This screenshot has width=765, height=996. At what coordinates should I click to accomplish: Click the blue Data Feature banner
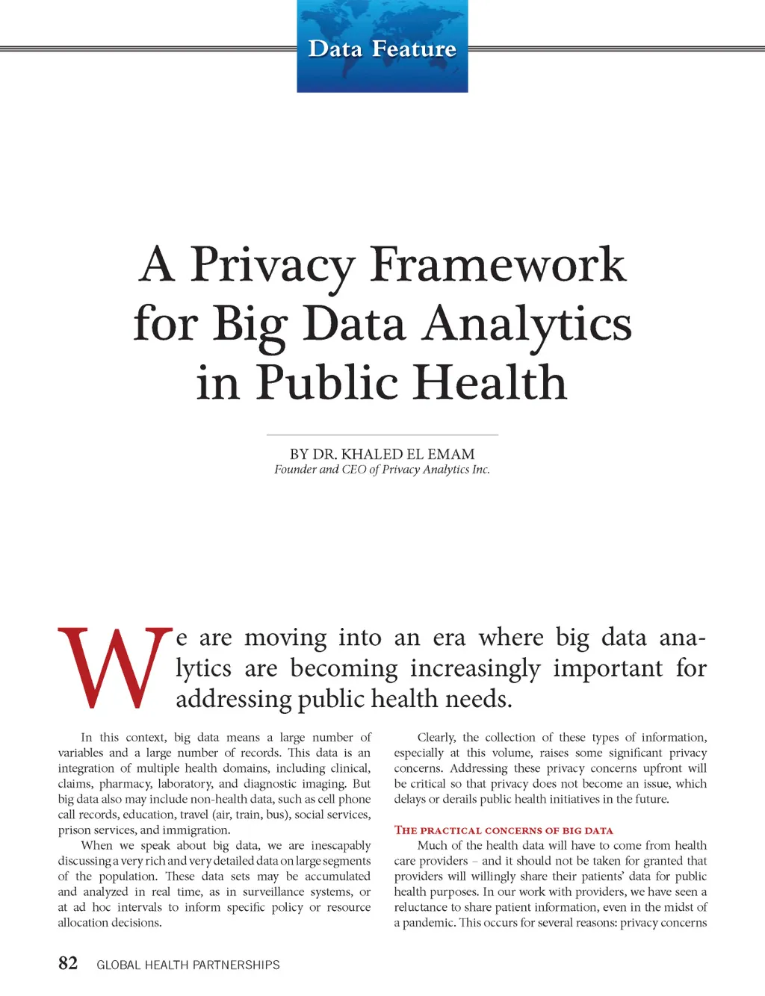point(382,47)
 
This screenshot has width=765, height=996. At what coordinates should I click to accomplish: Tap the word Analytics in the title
point(527,325)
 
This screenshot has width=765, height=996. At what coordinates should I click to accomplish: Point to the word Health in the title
point(490,382)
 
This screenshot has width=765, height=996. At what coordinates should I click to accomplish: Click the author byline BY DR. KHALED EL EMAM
point(382,454)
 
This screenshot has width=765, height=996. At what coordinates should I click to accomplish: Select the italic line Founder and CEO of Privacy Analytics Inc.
point(382,470)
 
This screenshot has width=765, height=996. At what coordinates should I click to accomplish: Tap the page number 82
point(68,963)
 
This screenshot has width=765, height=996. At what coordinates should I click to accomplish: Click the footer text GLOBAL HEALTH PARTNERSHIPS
point(188,965)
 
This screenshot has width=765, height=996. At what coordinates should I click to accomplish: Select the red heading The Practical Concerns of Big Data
point(504,830)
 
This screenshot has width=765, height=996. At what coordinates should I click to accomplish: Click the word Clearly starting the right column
point(436,738)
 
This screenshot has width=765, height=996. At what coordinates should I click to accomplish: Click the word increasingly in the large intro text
point(474,668)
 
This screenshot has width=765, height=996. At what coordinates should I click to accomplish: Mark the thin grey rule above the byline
point(382,435)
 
